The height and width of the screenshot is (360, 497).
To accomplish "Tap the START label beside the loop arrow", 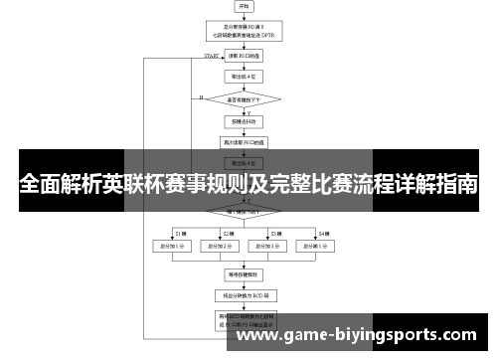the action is pos(211,57).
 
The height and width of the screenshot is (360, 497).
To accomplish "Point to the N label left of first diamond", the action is pos(201,97).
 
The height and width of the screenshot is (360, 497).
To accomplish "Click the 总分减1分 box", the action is pos(316,246).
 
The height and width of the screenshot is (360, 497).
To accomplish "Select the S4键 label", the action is pos(323,232).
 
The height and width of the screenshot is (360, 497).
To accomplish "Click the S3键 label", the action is pos(276,232).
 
